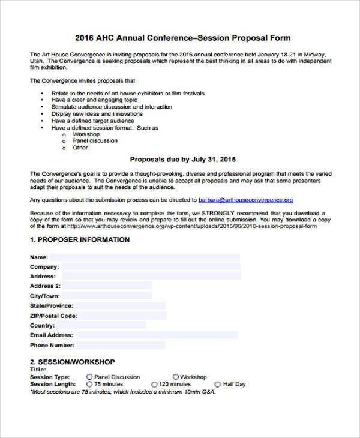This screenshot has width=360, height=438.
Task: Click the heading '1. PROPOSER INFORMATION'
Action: (x=80, y=239)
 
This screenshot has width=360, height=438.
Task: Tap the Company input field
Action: (x=150, y=266)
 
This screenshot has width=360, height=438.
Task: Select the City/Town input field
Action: (x=107, y=296)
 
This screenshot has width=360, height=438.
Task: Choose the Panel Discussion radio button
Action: (x=89, y=377)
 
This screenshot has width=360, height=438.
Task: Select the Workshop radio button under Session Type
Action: (x=176, y=377)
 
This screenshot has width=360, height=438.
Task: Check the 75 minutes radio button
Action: (x=89, y=384)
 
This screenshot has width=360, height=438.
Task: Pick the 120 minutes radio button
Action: (x=154, y=384)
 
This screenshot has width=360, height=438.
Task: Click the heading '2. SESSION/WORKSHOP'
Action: (x=73, y=362)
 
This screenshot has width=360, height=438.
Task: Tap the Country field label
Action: (x=42, y=325)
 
